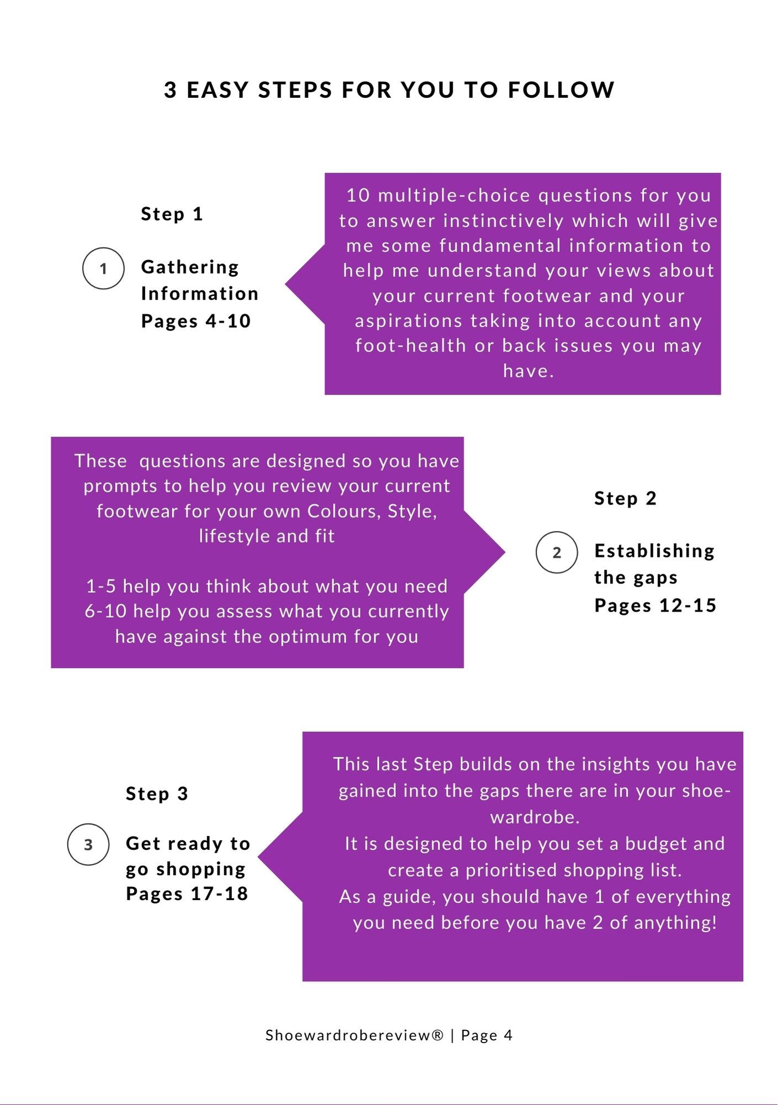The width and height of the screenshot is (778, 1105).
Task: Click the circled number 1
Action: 103,269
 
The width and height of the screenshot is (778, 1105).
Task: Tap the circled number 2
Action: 557,552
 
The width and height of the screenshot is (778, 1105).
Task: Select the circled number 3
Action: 88,844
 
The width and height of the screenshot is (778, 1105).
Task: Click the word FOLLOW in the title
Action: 561,90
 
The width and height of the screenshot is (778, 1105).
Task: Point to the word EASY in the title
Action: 218,90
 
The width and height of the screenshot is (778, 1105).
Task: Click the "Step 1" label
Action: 172,214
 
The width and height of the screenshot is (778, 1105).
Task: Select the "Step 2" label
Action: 625,498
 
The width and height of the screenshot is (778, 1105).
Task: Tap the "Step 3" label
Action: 157,793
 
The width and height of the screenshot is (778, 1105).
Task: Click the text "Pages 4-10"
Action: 196,321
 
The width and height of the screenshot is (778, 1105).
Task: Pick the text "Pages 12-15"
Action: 655,606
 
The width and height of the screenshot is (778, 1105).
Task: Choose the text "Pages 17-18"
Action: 187,893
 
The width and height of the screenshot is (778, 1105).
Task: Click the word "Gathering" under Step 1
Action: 190,267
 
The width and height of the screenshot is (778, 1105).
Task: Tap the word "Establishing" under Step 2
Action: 654,551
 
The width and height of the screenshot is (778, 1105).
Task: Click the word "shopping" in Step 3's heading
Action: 201,869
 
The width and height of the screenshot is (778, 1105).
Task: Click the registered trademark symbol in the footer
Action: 438,1035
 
